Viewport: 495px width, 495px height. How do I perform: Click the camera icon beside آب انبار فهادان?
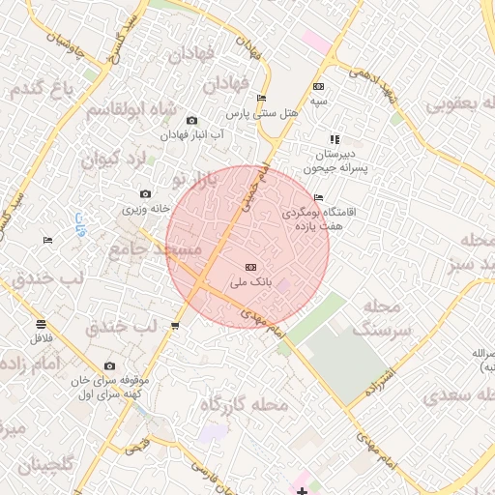click(x=191, y=120)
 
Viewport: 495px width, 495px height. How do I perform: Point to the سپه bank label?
click(x=318, y=101)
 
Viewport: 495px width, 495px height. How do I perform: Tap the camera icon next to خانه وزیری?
click(x=145, y=194)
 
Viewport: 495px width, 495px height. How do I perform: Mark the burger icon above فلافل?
click(x=41, y=324)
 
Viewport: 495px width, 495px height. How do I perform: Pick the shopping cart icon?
click(x=175, y=326)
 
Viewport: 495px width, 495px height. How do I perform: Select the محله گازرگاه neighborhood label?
click(x=244, y=405)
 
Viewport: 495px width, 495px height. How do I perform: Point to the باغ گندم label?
click(x=44, y=91)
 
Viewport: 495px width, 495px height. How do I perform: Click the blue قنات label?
click(x=79, y=222)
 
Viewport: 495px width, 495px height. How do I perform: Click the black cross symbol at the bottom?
click(x=303, y=491)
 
